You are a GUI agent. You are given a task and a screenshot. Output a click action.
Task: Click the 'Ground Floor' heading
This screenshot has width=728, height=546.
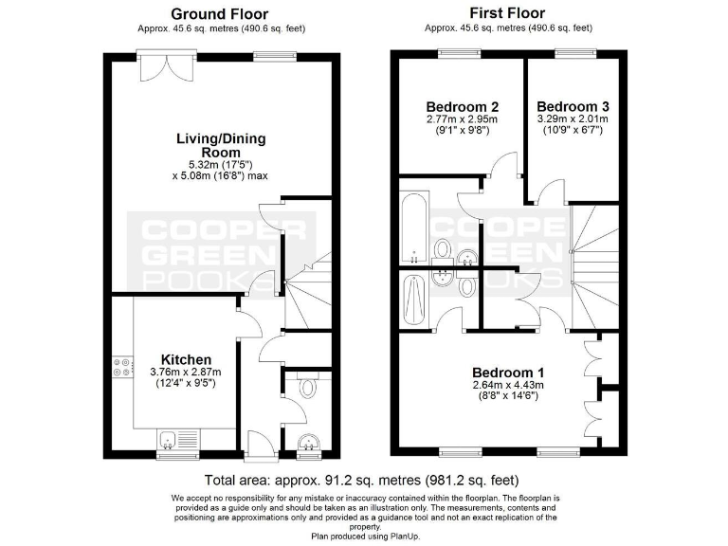[219, 14]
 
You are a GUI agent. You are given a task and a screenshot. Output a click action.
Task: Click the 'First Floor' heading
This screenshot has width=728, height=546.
[508, 14]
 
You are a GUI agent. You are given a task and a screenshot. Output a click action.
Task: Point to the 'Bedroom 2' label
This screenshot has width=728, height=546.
[463, 106]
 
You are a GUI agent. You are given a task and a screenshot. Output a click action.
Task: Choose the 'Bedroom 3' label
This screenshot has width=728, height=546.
[573, 106]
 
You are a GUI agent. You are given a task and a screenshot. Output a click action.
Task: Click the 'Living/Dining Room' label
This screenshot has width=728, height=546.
[221, 145]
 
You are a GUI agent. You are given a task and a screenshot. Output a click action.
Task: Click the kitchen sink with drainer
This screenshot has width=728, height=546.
[172, 439]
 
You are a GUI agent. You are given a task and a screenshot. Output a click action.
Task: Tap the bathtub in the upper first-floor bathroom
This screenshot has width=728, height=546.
[414, 229]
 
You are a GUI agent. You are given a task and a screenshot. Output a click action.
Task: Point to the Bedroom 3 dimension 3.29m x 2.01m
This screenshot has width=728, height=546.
[573, 119]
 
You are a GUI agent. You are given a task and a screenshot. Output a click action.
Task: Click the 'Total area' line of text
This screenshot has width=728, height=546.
[362, 481]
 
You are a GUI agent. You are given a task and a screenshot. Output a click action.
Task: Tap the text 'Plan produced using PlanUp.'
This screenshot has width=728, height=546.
[364, 537]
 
